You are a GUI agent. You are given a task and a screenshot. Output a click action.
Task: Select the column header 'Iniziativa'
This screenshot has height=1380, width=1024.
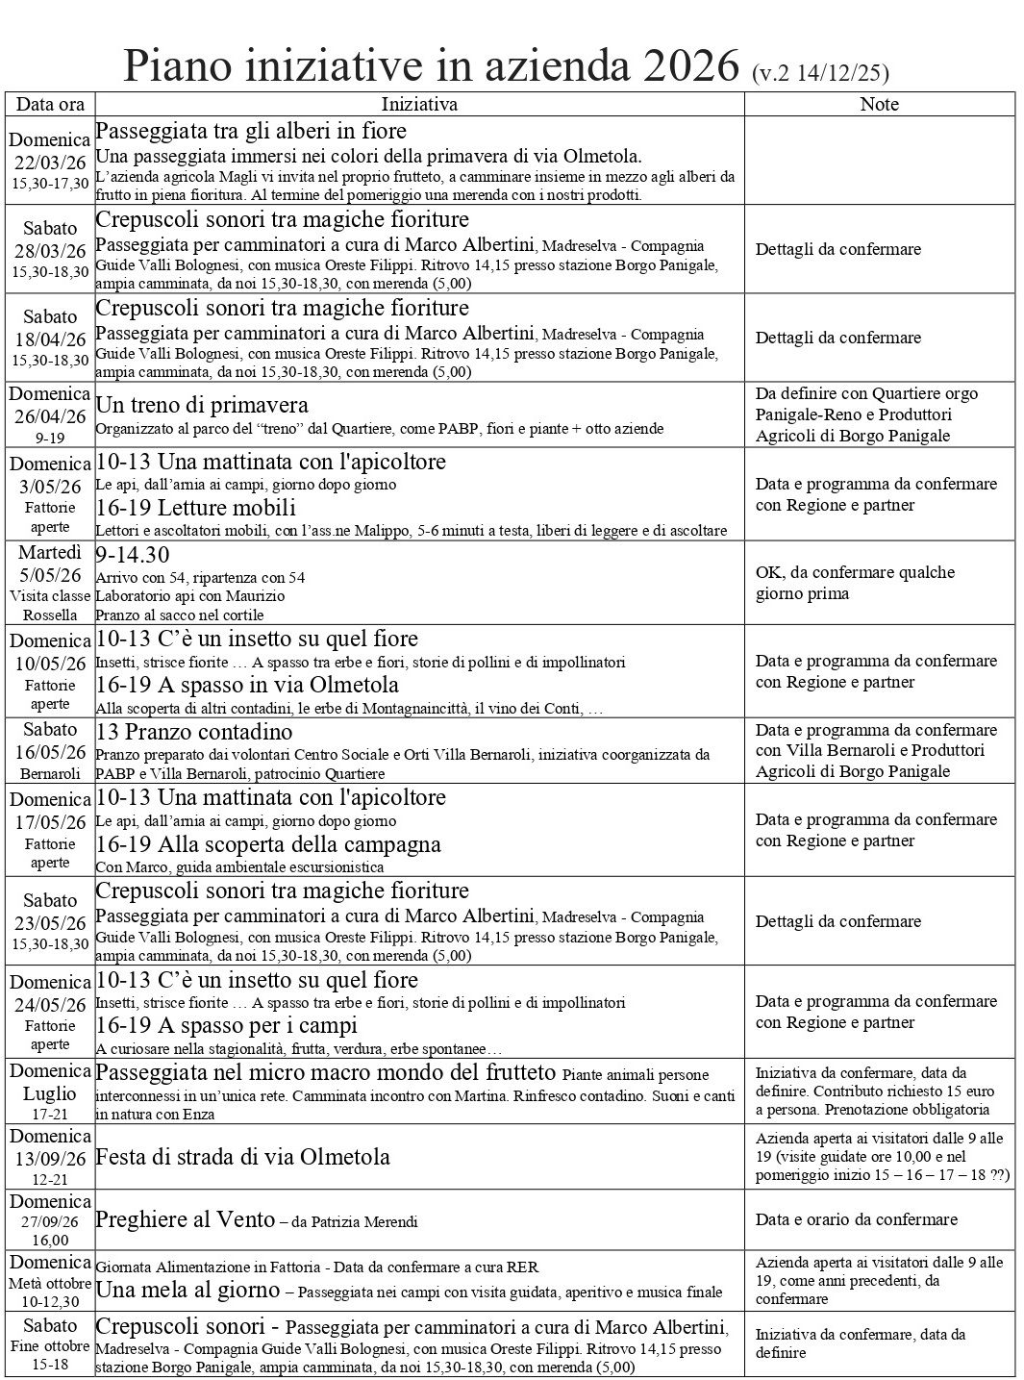pos(419,104)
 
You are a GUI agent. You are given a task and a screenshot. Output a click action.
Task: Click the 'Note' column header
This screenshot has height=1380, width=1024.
pos(879,104)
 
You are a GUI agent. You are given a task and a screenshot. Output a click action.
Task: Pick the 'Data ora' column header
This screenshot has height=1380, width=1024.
pos(51,104)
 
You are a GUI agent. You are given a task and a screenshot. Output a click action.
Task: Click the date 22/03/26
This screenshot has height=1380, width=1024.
pos(50,163)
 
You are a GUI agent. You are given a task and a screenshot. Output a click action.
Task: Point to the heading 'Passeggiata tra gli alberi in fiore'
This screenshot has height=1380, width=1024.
pos(251,131)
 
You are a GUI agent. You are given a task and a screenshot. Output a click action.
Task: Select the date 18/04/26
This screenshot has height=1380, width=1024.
pos(50,339)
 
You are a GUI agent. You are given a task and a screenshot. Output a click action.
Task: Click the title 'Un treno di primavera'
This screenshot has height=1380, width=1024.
pos(202,405)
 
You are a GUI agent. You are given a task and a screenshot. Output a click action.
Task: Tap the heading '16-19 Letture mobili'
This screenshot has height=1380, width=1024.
pos(195,508)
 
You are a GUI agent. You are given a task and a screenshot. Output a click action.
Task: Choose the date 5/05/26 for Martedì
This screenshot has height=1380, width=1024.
pos(50,575)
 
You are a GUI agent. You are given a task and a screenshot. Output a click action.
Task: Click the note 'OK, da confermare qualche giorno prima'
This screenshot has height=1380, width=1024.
pos(855,583)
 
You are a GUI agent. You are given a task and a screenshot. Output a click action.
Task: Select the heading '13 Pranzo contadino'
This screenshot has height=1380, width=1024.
pos(193,732)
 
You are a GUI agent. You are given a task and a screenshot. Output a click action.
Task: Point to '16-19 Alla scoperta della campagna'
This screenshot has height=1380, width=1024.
pos(268,844)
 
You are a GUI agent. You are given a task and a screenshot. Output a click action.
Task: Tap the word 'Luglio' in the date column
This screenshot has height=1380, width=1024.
pos(50,1093)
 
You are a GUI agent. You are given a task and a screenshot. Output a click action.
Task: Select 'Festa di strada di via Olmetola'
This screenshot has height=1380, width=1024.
pos(242,1157)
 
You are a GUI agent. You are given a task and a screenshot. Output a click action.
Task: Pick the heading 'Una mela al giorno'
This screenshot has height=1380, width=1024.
pos(187,1291)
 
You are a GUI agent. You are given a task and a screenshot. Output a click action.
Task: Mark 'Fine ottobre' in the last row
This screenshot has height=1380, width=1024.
pos(50,1345)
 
